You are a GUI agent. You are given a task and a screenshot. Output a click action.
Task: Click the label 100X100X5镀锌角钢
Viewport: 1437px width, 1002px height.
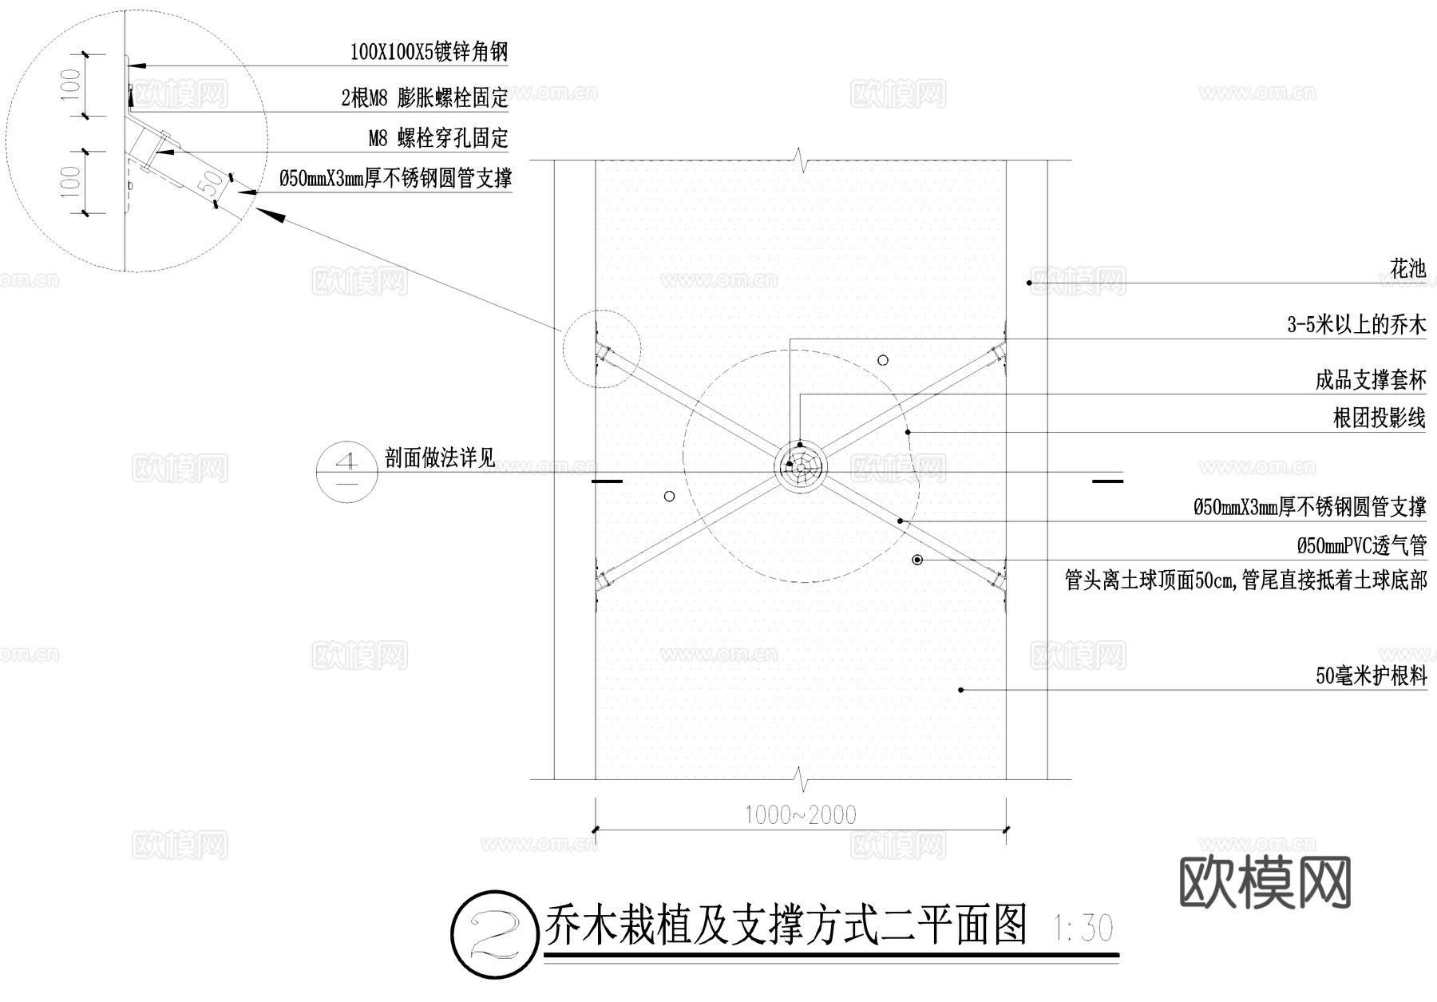pyautogui.click(x=429, y=53)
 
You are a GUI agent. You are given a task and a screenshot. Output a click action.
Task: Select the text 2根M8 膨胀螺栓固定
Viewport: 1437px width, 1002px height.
pyautogui.click(x=424, y=98)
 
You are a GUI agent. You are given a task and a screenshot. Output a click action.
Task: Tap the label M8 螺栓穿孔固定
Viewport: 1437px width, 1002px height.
pyautogui.click(x=437, y=138)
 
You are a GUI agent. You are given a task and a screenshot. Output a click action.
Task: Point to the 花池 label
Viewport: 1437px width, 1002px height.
pyautogui.click(x=1407, y=269)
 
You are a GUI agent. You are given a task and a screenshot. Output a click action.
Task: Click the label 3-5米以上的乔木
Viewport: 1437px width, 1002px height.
pyautogui.click(x=1356, y=325)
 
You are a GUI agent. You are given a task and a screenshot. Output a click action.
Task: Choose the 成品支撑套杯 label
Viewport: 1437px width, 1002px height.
pyautogui.click(x=1370, y=380)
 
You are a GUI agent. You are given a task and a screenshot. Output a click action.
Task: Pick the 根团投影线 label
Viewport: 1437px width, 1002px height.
pyautogui.click(x=1379, y=418)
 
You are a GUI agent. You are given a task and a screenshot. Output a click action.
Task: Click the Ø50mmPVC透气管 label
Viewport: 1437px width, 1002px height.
pyautogui.click(x=1361, y=546)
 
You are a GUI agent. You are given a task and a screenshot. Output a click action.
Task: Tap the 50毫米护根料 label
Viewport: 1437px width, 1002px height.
pyautogui.click(x=1371, y=677)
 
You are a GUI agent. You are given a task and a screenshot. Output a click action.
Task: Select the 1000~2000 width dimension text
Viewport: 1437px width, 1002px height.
pyautogui.click(x=800, y=815)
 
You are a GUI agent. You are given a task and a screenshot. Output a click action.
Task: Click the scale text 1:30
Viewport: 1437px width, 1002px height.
pyautogui.click(x=1083, y=929)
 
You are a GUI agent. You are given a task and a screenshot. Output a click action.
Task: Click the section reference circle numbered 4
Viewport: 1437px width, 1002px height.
pyautogui.click(x=347, y=472)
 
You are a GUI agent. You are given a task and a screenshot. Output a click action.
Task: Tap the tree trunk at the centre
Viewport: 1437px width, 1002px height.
pyautogui.click(x=800, y=467)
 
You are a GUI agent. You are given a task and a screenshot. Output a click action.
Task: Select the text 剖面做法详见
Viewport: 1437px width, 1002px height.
pyautogui.click(x=440, y=458)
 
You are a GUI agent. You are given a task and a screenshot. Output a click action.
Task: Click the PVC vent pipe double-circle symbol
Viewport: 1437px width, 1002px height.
pyautogui.click(x=918, y=560)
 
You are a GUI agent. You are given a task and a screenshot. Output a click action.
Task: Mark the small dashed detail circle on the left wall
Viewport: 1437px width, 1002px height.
pyautogui.click(x=601, y=349)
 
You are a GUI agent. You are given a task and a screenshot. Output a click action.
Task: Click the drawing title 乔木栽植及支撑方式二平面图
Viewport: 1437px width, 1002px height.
pyautogui.click(x=786, y=927)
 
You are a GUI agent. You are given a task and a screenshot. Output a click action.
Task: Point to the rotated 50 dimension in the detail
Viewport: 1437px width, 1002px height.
pyautogui.click(x=211, y=184)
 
